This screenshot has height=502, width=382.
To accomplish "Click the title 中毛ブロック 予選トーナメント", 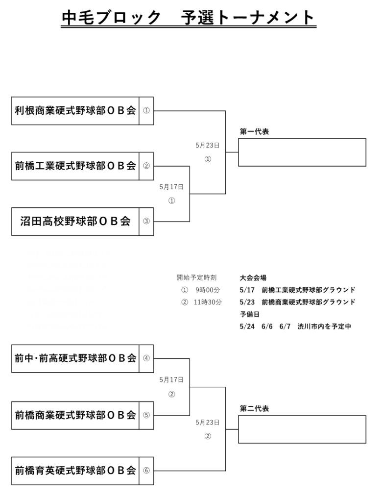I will pos(189,18).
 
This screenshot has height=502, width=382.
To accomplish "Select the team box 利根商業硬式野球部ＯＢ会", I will pos(75,111).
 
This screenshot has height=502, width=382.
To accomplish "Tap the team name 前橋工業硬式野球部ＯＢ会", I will pos(75,166).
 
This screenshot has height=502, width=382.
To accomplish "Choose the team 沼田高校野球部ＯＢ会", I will pos(75,222).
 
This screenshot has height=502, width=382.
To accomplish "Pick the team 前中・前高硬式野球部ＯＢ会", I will pos(75,358).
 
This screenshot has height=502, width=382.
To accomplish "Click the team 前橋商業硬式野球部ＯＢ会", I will pos(75,415).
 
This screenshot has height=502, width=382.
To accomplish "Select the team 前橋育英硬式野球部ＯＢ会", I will pos(75,471).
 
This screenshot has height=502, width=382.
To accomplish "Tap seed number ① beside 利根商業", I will pos(146,111).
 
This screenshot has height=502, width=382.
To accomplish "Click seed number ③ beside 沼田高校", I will pos(146,222).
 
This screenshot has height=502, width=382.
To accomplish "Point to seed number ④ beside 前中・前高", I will pos(146,358).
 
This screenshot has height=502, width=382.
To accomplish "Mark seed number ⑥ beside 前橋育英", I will pos(146,471).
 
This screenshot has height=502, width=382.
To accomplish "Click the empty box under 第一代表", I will pos(302,152).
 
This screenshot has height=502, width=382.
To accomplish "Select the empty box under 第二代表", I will pos(302,429).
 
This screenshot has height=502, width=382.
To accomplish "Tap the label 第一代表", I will pos(254,132).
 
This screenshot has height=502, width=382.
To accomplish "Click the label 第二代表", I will pos(254,408).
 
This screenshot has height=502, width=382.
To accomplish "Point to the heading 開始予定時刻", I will pos(196,277).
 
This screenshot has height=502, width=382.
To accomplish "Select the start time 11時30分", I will pos(208,302).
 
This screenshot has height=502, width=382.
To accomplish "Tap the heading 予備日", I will pos(249,314).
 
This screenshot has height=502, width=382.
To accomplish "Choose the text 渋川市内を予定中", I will pos(324,326).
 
